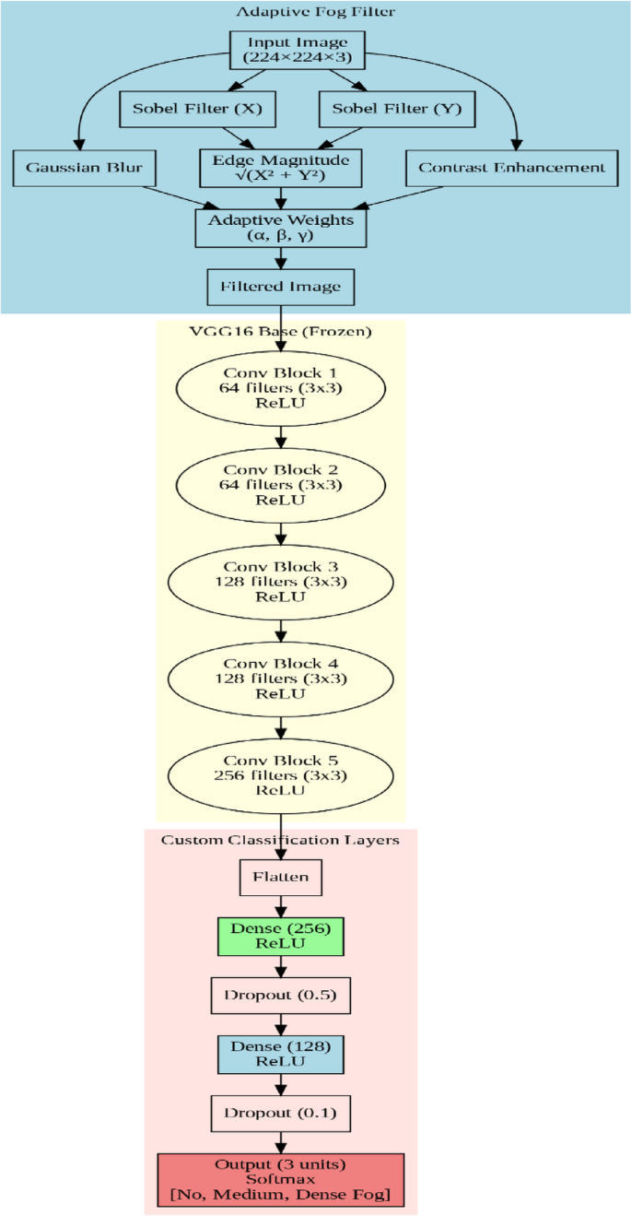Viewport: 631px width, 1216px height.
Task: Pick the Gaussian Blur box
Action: (x=84, y=168)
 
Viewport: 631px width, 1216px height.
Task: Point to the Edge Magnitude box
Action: (x=280, y=168)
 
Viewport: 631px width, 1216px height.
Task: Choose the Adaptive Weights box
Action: (x=280, y=228)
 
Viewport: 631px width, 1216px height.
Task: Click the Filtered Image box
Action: (x=280, y=286)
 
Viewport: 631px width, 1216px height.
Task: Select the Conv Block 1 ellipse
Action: (x=280, y=388)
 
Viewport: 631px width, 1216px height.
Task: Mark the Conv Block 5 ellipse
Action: (x=280, y=775)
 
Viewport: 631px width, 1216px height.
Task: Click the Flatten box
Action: (x=280, y=877)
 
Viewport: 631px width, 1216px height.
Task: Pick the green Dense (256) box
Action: (x=280, y=937)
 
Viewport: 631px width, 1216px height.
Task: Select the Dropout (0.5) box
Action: (x=280, y=996)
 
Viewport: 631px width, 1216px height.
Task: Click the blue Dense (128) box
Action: (x=280, y=1055)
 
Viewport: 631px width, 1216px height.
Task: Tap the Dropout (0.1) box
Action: (x=280, y=1114)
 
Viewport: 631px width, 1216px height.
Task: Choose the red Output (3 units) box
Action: (x=280, y=1180)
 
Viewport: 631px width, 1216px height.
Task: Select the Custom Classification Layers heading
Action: (x=280, y=840)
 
